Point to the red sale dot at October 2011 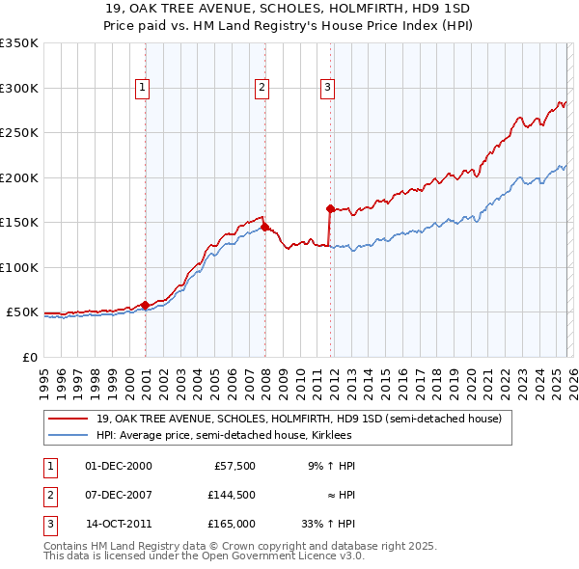(330, 208)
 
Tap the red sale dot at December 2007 (264, 227)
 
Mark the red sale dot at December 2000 (145, 305)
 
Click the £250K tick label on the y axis (19, 133)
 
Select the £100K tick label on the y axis (19, 267)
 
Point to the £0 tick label (29, 357)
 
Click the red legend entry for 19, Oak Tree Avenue (298, 420)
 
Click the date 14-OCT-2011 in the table (118, 524)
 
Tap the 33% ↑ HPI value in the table (328, 524)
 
